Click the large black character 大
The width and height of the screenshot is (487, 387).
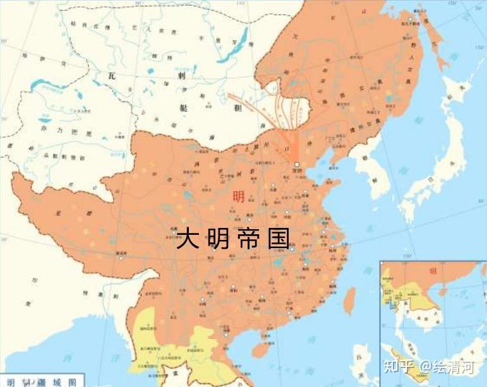point(188,239)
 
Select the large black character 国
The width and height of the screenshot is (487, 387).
point(278,239)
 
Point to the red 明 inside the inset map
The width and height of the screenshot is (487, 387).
point(433,271)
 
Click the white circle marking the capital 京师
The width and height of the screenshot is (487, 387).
point(296,164)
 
